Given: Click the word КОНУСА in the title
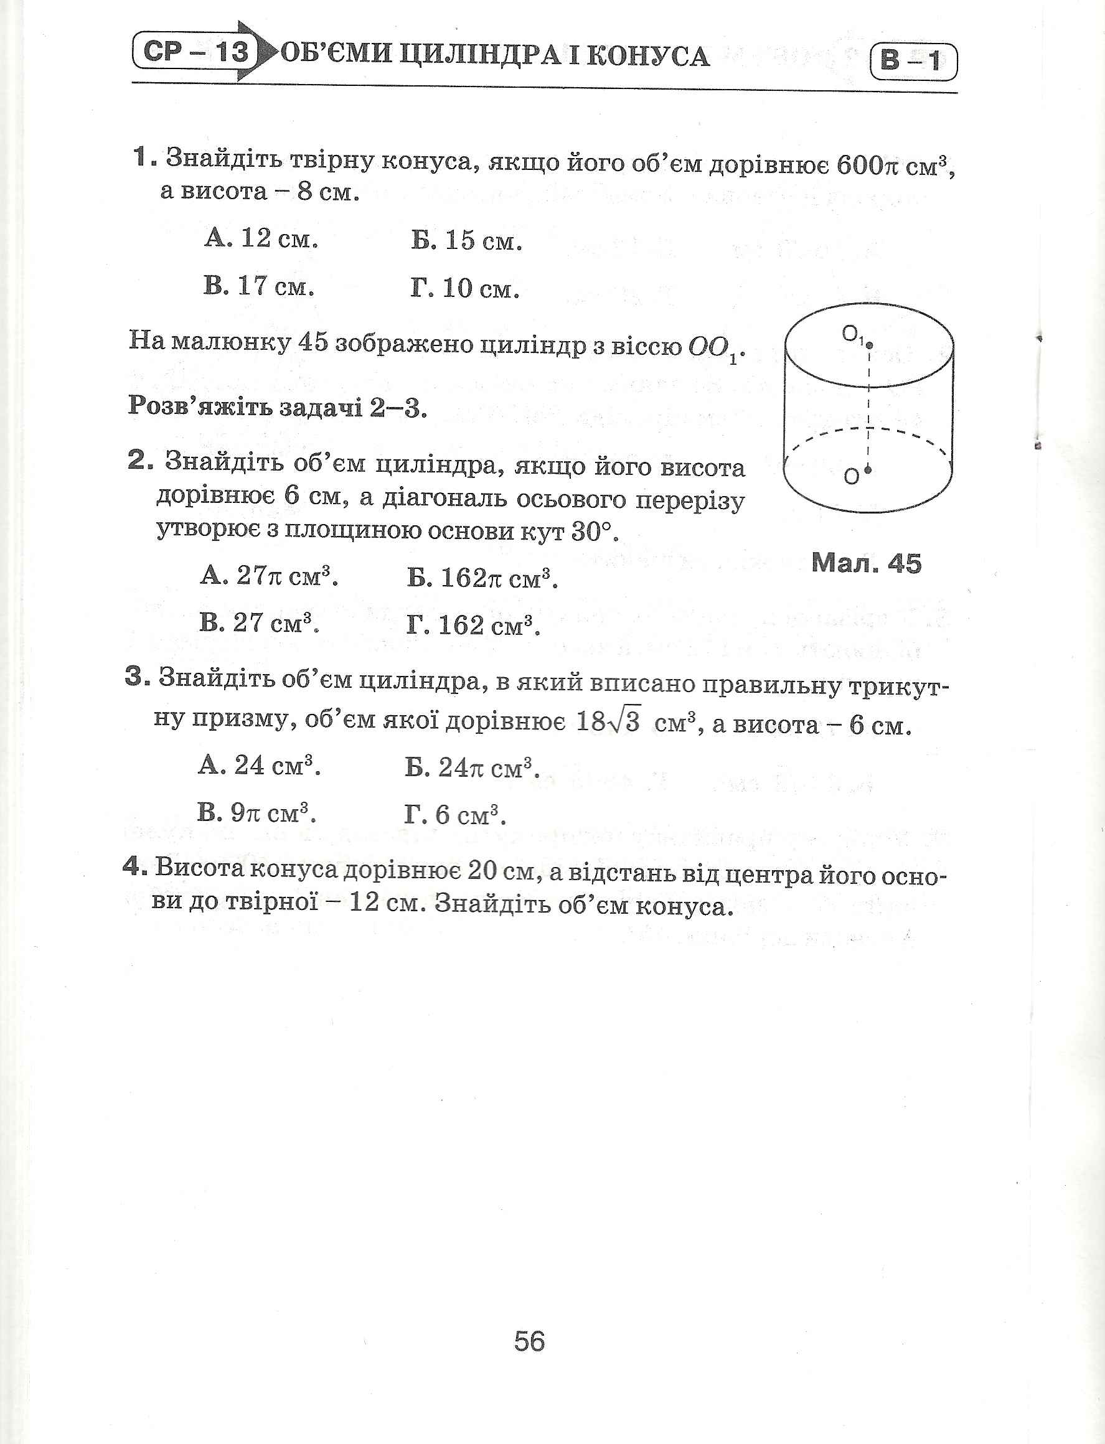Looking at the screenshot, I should click(647, 57).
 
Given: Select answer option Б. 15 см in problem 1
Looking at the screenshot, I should click(466, 241).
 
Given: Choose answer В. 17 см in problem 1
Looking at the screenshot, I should click(258, 286).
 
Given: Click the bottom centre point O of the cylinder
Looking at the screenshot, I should click(868, 469).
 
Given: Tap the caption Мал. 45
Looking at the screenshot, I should click(866, 563).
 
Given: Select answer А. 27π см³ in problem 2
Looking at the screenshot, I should click(269, 577).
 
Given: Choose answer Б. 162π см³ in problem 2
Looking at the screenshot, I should click(482, 579).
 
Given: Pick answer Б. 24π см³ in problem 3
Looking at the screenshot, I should click(473, 767).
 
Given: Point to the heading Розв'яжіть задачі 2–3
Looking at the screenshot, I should click(278, 408).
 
